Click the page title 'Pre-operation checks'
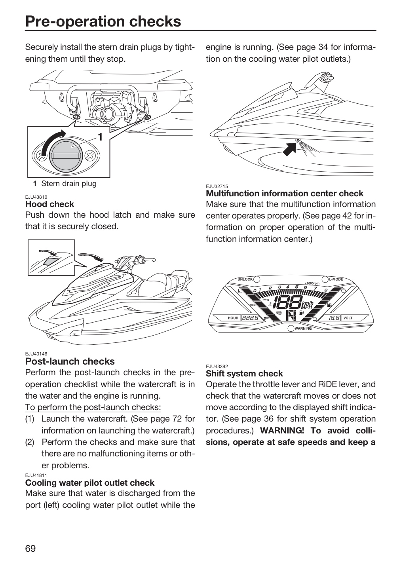pos(103,21)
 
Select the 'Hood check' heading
pos(49,204)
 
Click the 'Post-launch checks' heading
pos(70,361)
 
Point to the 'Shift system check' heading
pos(244,373)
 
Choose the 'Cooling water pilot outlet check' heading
pos(90,483)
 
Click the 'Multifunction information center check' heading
pos(285,194)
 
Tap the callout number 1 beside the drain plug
pos(100,137)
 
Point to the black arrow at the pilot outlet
pos(290,148)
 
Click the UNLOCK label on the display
pos(245,279)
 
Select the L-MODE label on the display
pos(336,279)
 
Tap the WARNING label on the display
pos(303,329)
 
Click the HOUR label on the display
pos(233,318)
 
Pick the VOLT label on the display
pos(348,318)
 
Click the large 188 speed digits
pos(287,302)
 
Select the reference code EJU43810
pos(36,197)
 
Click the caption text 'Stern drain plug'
pos(69,184)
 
